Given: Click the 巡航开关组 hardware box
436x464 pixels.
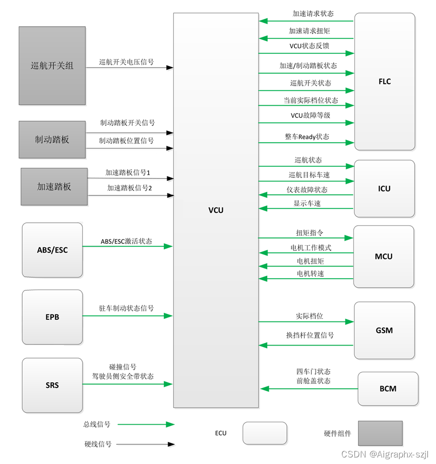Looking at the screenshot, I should [52, 65].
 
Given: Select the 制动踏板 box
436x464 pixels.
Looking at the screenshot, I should [52, 140].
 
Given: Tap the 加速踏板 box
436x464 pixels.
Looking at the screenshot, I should [54, 186].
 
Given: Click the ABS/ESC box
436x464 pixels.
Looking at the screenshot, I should [52, 250].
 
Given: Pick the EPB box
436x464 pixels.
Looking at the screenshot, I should [52, 317].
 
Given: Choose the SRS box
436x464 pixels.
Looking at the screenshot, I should [52, 385].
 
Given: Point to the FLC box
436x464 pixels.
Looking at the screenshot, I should [385, 82].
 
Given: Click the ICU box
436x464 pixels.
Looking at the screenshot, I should [384, 188].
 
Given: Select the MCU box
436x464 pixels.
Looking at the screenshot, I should [384, 256].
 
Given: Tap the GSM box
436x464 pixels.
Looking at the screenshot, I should [384, 330].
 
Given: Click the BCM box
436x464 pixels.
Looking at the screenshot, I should [388, 388].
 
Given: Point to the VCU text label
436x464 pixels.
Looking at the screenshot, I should [216, 210].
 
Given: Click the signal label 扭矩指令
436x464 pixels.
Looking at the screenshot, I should [309, 233].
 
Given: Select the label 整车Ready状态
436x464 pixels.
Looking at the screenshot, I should [306, 137].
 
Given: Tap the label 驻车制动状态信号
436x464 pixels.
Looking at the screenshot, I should [127, 308].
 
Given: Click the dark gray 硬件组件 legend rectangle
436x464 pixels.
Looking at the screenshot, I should [380, 433].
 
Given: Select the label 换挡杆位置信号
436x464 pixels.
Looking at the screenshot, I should [309, 335].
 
